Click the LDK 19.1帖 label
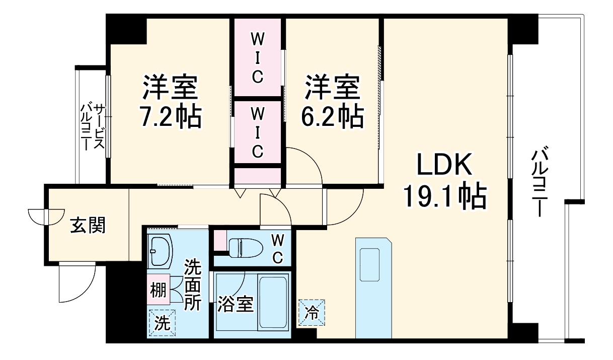point(445,181)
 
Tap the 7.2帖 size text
point(171,117)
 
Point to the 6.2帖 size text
point(333,117)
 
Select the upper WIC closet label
point(257,58)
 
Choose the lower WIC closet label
point(257,133)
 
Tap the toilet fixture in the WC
point(246,248)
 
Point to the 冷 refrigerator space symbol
point(312,312)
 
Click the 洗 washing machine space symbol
point(162,323)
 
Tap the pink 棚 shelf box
point(158,290)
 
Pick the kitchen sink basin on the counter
point(369,265)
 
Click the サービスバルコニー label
point(92,127)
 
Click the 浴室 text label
point(236,304)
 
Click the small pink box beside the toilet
point(220,240)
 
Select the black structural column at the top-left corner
point(126,29)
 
